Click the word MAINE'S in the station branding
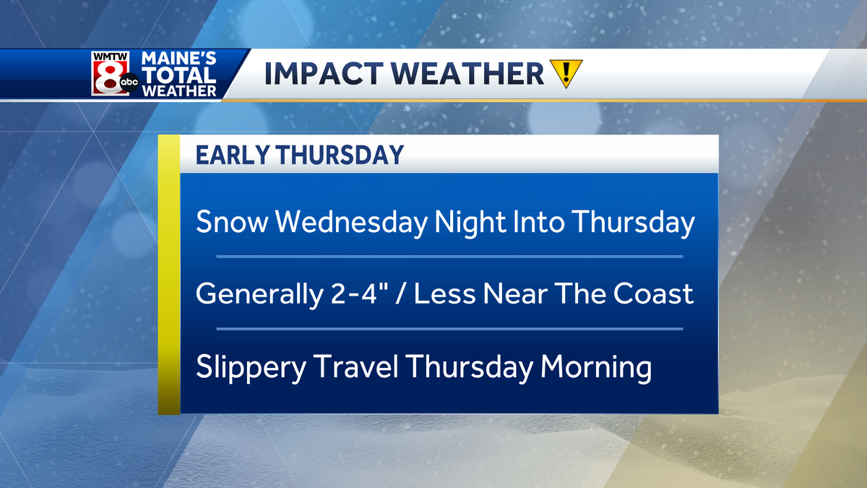click(178, 59)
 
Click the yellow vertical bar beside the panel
click(168, 275)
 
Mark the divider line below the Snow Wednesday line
click(449, 257)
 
